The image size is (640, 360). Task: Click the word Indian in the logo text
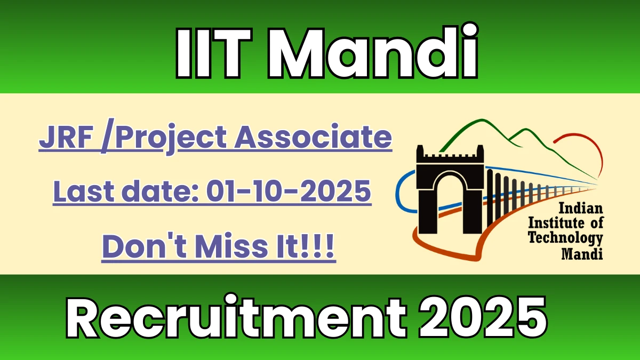point(579,209)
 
